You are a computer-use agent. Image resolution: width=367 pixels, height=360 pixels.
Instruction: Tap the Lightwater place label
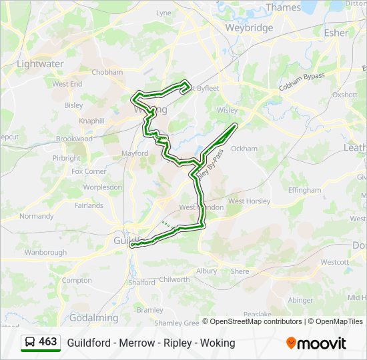click(40, 64)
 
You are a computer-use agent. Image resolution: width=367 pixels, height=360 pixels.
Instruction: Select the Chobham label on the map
click(107, 72)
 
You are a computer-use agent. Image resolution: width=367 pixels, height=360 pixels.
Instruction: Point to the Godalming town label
click(93, 318)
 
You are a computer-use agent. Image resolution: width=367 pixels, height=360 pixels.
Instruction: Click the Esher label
click(336, 33)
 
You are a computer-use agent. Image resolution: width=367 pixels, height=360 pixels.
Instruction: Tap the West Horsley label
click(249, 201)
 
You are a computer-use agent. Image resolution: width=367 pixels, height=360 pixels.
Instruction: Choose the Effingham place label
click(304, 190)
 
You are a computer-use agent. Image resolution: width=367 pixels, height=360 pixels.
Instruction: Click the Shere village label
click(240, 271)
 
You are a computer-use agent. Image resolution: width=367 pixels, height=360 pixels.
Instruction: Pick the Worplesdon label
click(102, 187)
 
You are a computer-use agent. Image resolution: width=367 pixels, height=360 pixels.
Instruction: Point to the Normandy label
click(37, 216)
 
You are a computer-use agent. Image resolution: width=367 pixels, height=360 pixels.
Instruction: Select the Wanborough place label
click(45, 253)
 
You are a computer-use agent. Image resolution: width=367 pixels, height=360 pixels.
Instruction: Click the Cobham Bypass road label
click(302, 81)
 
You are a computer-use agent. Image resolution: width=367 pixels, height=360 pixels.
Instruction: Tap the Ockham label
click(244, 149)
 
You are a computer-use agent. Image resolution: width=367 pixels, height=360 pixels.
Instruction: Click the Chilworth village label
click(175, 280)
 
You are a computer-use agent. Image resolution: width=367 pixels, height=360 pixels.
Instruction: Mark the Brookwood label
click(74, 139)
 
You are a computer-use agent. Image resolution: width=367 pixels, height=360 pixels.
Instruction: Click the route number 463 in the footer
click(48, 342)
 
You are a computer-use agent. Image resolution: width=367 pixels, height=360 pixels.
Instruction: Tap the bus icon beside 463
click(29, 343)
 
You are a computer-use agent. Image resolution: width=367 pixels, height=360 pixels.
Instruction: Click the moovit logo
click(316, 343)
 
